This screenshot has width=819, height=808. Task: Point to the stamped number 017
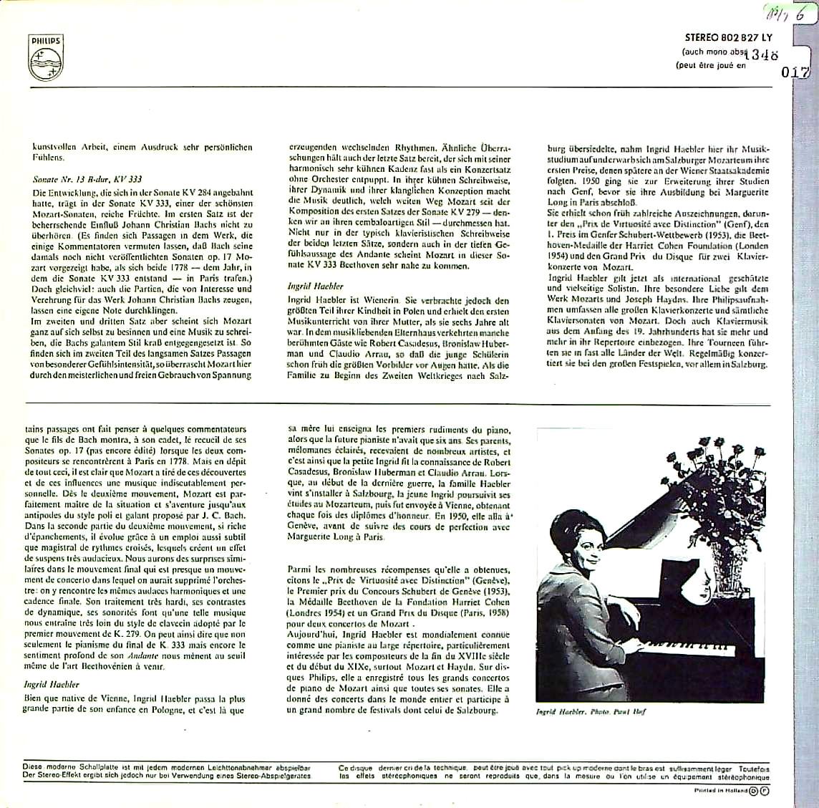point(796,72)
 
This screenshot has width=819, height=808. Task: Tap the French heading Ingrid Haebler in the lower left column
point(55,684)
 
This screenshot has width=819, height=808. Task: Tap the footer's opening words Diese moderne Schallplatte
point(68,767)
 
